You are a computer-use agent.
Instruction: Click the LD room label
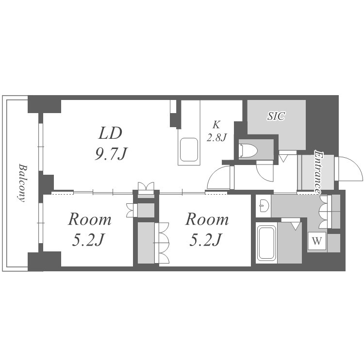pos(110,133)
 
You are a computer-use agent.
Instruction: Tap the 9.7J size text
pos(111,154)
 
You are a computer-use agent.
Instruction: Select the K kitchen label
pos(216,125)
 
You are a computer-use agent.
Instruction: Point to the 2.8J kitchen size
pos(216,138)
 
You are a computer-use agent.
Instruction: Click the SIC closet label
pos(276,116)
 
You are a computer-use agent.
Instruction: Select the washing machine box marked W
pos(317,241)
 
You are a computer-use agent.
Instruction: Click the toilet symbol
pos(248,151)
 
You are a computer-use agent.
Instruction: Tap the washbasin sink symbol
pos(263,206)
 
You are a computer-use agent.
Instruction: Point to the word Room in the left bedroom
pos(90,219)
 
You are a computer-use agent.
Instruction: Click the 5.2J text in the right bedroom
pos(206,240)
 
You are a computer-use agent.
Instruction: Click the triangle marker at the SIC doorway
pos(283,159)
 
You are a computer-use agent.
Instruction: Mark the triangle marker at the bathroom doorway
pos(295,226)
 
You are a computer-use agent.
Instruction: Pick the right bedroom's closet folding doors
pos(162,243)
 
